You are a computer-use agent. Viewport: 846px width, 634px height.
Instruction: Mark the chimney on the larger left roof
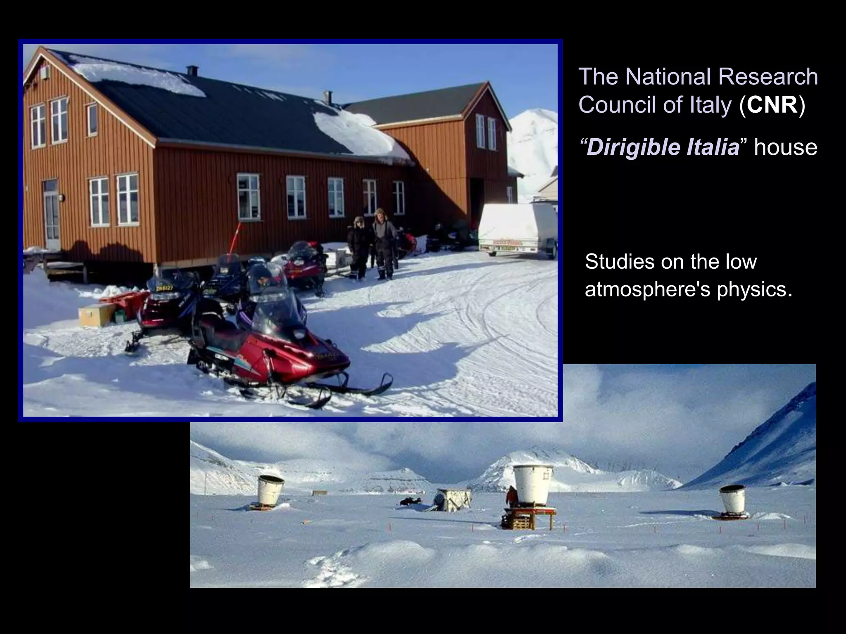coord(192,71)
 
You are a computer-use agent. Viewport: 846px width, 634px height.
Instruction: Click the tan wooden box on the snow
coord(96,315)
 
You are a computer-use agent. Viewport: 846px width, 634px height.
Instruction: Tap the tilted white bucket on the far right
coord(732,500)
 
